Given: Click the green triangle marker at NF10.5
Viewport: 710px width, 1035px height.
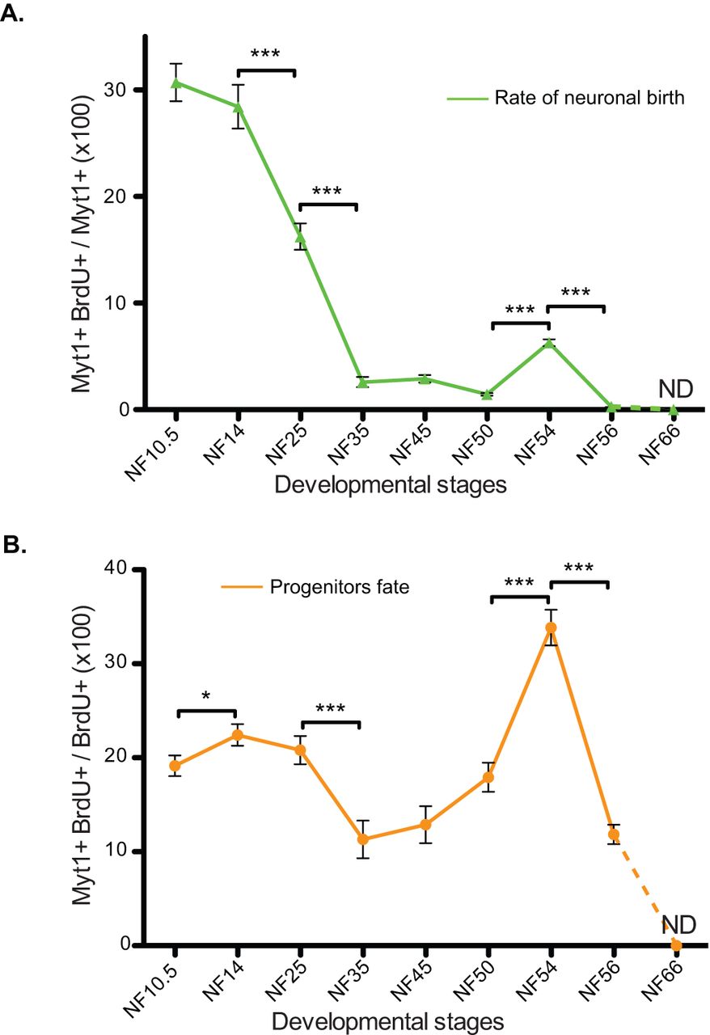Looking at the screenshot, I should coord(175,82).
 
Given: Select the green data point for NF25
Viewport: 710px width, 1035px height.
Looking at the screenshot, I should coord(300,238).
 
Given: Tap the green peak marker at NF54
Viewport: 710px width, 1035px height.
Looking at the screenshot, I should coord(548,343).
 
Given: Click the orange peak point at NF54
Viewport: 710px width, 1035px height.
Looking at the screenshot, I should coord(551,627).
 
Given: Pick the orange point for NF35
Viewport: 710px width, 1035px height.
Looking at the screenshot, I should coord(362,839).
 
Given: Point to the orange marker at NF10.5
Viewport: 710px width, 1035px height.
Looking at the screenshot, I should coord(175,766).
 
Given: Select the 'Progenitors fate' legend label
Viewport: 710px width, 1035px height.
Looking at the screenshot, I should coord(340,587).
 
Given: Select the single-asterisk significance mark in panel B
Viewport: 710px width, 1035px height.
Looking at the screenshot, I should coord(205,695).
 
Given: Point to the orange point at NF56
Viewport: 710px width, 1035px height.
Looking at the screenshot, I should coord(614,834).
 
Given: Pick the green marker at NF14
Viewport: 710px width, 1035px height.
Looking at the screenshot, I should coord(238,107).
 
